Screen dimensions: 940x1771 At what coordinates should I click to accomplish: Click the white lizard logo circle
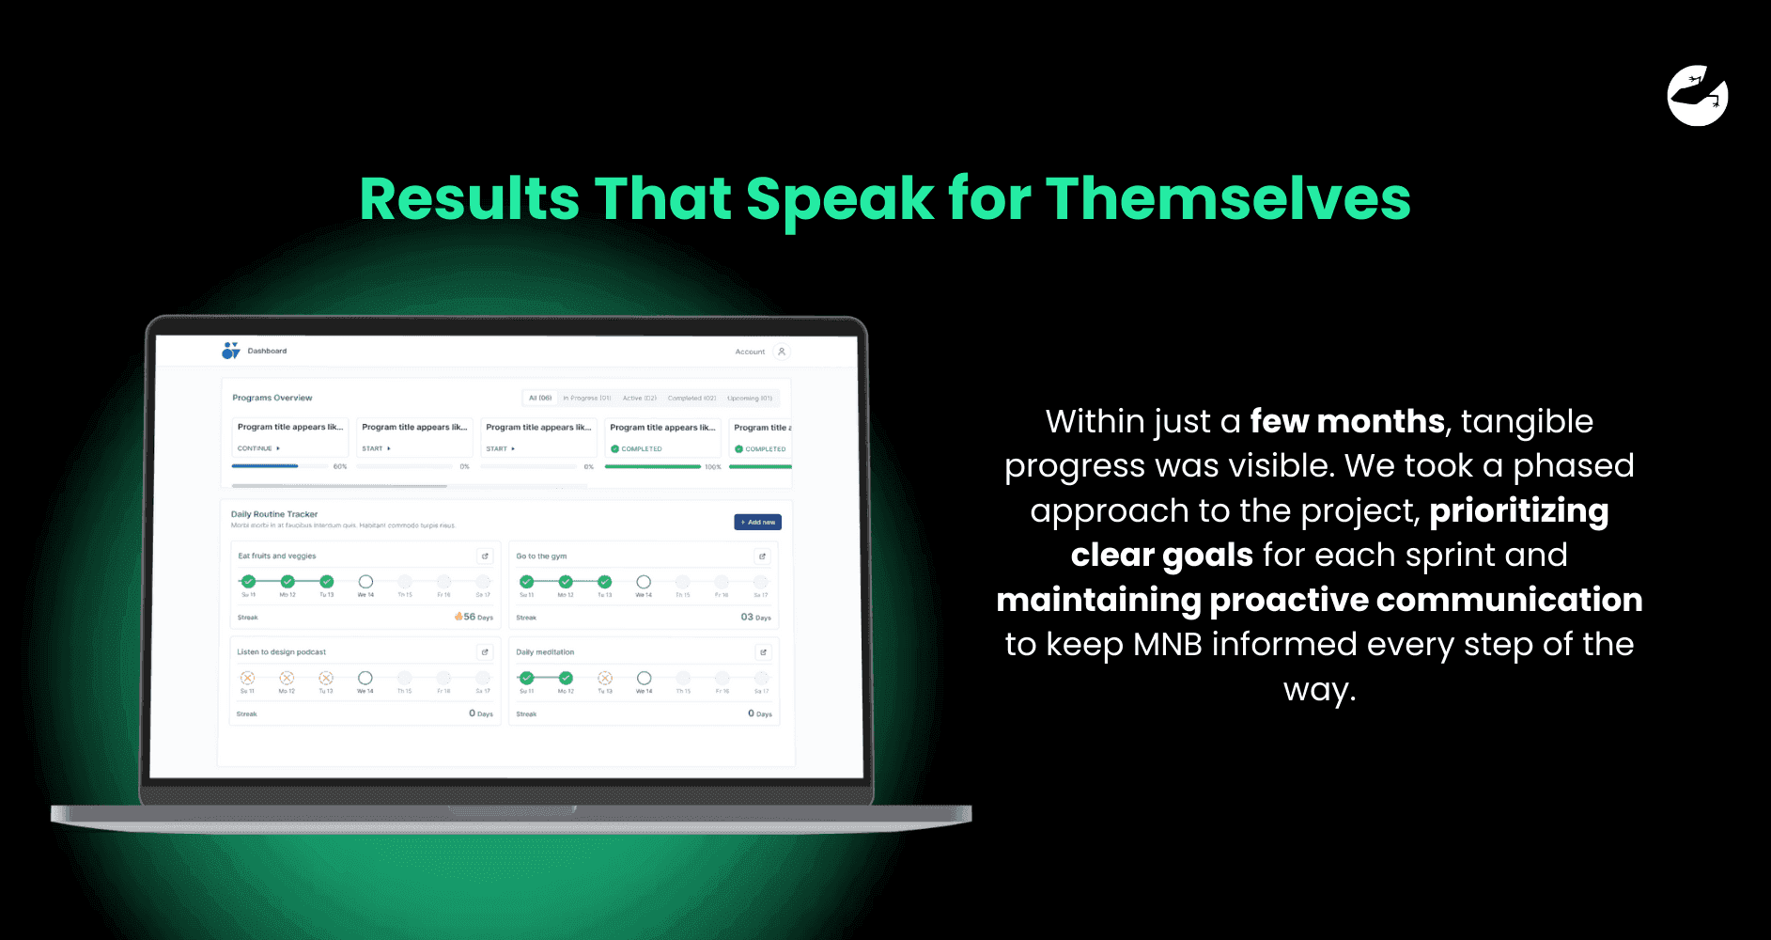pos(1698,96)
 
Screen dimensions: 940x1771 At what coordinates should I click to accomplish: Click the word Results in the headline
pos(469,199)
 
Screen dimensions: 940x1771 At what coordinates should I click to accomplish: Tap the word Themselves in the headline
pos(1227,199)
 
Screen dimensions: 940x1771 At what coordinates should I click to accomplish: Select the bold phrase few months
pos(1346,421)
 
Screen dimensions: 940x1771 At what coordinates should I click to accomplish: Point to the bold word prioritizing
pos(1518,511)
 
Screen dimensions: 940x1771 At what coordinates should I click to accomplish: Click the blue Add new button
pos(757,522)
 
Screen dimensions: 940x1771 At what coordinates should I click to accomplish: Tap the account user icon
pos(782,352)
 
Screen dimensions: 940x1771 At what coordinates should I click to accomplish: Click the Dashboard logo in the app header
pos(230,351)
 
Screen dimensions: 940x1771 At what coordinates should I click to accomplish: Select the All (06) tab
pos(540,398)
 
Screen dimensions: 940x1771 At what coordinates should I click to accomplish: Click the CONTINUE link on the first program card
pos(257,448)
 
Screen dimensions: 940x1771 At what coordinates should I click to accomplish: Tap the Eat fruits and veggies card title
pos(277,556)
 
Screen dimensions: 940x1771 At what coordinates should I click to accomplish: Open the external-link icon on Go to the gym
pos(762,556)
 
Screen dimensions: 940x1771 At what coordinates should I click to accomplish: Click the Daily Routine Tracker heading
pos(274,514)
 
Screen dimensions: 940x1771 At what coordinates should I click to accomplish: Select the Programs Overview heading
pos(272,398)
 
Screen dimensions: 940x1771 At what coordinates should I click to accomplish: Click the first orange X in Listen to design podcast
pos(248,678)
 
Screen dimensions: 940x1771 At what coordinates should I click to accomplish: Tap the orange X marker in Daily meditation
pos(605,678)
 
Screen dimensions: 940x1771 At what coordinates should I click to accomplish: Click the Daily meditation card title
pos(545,651)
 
